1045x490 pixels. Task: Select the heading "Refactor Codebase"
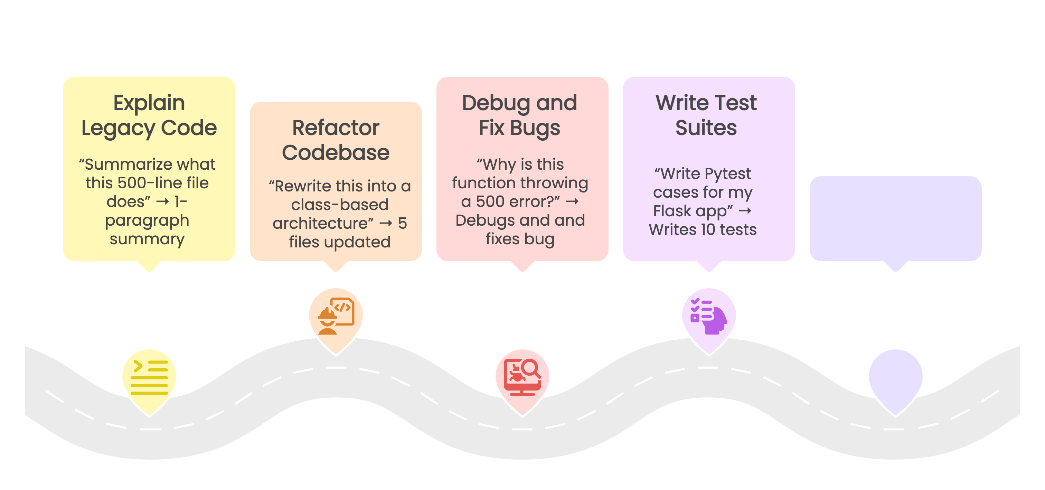[x=336, y=140]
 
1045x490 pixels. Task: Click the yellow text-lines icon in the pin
[x=149, y=377]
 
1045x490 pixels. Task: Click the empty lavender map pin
[x=895, y=377]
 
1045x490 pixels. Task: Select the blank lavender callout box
[x=895, y=218]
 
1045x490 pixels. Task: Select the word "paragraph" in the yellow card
[x=147, y=220]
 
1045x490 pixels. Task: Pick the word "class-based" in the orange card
[x=340, y=205]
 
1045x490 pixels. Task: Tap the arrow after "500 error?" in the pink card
[x=572, y=201]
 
